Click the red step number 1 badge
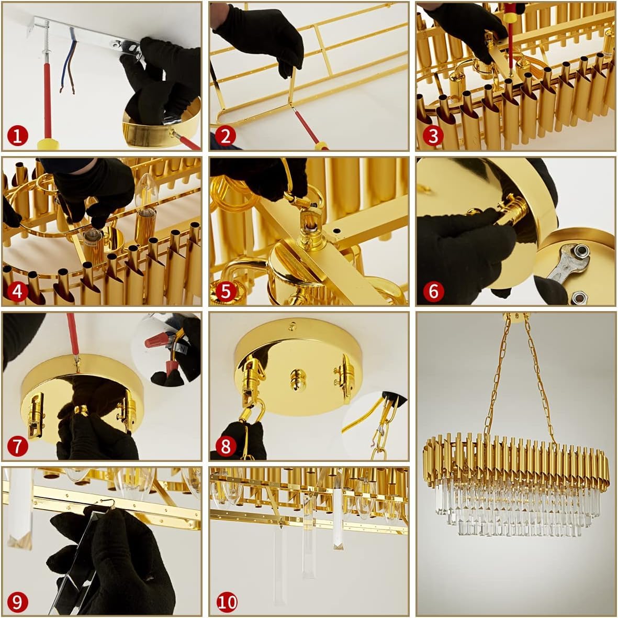coord(18,136)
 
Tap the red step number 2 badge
coord(226,136)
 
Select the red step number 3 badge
coord(433,136)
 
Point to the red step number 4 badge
coord(18,291)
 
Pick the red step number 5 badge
coord(226,291)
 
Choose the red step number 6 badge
coord(433,291)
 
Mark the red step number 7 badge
coord(18,446)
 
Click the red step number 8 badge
coord(226,446)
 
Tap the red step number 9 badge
coord(18,602)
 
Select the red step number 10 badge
coord(227,602)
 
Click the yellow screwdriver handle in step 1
coord(48,144)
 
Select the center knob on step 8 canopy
coord(298,379)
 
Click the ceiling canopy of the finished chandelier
coord(516,316)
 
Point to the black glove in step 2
coord(260,38)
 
